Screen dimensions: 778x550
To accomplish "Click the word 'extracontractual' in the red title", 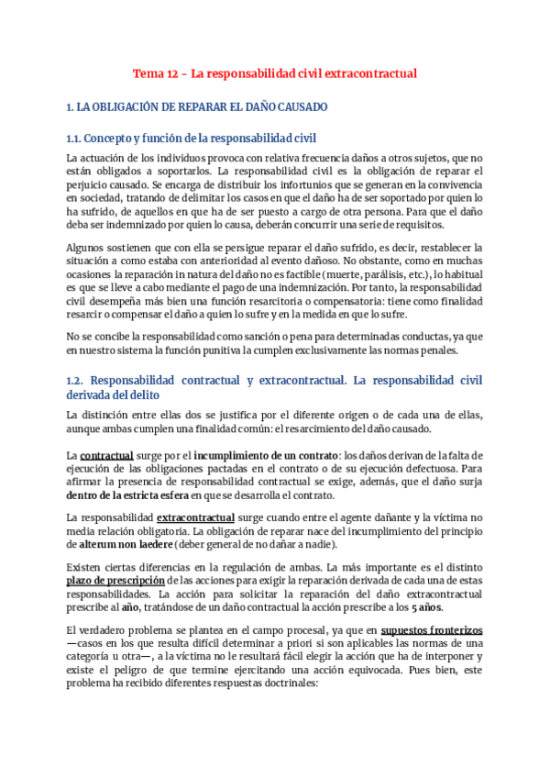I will pos(374,72).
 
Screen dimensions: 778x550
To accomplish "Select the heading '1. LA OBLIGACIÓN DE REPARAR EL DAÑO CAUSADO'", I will pos(197,107).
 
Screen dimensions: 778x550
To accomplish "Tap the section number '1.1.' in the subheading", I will pos(74,139).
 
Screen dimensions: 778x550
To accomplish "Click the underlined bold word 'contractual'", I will pos(107,455).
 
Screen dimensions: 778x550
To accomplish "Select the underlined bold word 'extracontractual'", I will pos(196,518).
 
